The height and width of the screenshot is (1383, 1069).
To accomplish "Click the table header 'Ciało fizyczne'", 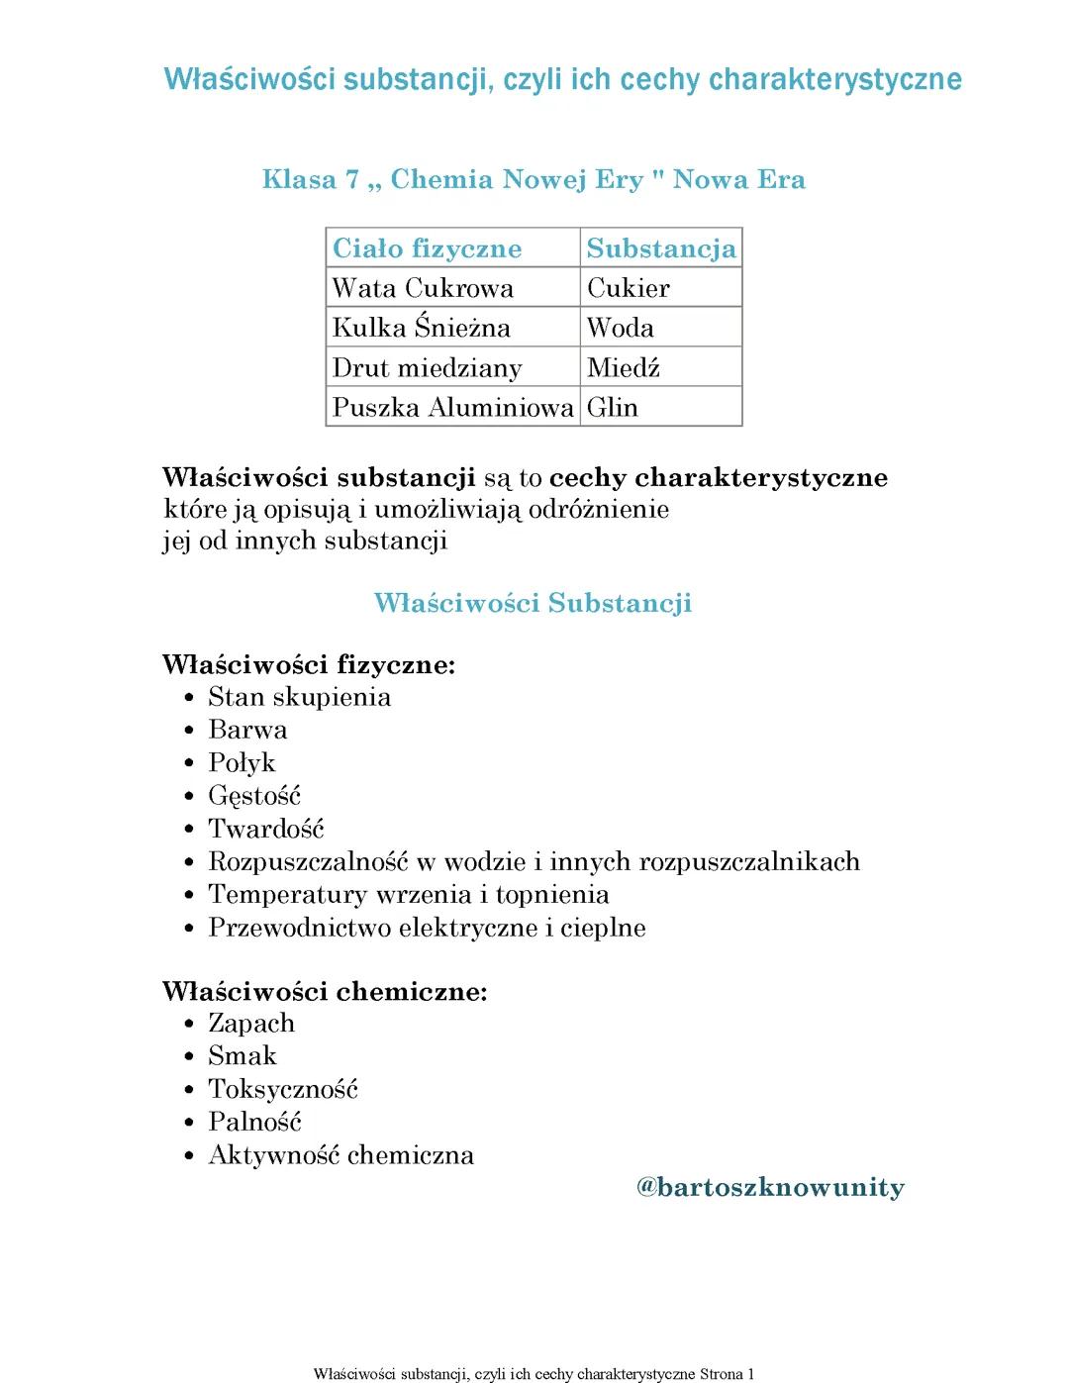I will pos(427,248).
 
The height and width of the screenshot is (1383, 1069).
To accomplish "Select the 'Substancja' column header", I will pos(660,248).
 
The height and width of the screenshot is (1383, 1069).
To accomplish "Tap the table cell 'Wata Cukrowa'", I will pos(423,288).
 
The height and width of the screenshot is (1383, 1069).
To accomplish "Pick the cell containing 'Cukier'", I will pos(628,288).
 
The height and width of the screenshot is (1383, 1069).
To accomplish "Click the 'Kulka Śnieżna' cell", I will pos(421,328).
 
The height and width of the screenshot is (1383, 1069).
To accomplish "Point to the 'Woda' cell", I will pos(620,328).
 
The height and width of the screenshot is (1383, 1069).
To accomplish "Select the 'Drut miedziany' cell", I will pos(427,368).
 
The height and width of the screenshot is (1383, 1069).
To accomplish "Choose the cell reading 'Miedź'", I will pos(623,368).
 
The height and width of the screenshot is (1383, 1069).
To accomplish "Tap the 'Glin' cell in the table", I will pos(612,408).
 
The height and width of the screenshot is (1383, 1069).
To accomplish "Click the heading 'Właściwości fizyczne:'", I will pos(309,664).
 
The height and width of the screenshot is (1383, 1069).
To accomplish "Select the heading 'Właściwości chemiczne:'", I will pos(325,991).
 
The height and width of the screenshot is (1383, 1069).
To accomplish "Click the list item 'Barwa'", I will pos(247,730).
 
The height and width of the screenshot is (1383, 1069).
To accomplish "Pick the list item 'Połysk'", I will pos(242,763).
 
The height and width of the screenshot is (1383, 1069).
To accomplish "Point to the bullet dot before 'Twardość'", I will pos(189,830).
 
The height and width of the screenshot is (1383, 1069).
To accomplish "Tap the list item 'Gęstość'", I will pos(254,796).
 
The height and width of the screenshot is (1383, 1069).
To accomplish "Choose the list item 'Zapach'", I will pos(251,1024).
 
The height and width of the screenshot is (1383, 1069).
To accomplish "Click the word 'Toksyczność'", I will pos(283,1090).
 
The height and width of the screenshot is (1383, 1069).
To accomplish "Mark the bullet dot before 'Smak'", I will pos(189,1057).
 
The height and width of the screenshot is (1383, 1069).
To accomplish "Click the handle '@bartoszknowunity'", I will pos(770,1187).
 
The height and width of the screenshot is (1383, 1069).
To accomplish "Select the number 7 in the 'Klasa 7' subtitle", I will pos(351,179).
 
